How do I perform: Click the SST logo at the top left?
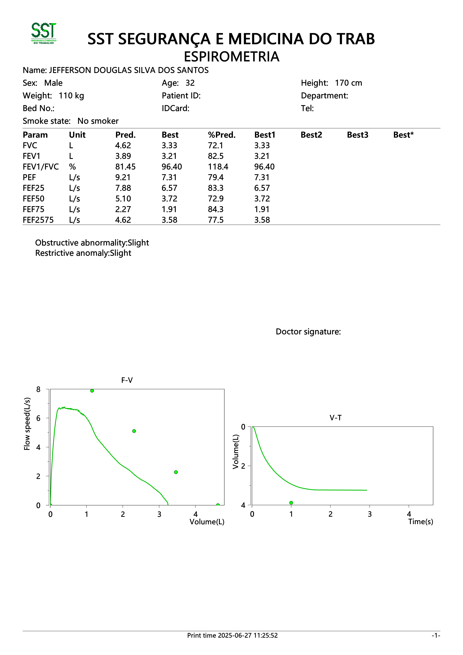coord(44,33)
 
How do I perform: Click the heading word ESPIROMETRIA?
coord(231,57)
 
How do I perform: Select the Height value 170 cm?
coord(348,83)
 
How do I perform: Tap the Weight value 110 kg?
coord(71,96)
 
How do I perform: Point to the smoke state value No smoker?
coord(98,121)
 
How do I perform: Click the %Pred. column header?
coord(222,135)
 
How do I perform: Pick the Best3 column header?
coord(357,135)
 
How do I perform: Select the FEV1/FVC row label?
coord(41,167)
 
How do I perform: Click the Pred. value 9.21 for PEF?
coord(123,177)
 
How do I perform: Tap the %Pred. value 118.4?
coord(218,167)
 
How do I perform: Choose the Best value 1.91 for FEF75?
coord(169,209)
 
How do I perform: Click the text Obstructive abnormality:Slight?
coord(92,243)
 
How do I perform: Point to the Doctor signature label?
coord(308,332)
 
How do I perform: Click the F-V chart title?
coord(127,380)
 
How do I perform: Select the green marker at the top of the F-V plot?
coord(92,391)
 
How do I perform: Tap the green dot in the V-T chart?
coord(291,503)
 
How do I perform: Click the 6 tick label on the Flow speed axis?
coord(38,418)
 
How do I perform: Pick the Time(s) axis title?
coord(420,522)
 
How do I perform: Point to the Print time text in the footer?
coord(232,635)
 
